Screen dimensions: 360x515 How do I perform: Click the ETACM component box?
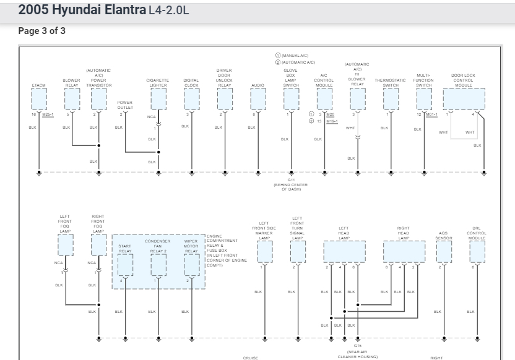coord(39,98)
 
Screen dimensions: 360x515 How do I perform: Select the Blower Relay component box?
coord(72,98)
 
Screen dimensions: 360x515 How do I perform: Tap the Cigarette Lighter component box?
coord(158,98)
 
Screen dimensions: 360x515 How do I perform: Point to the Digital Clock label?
coord(191,82)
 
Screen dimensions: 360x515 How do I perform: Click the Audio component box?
coord(258,98)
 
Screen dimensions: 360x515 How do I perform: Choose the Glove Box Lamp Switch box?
coord(291,98)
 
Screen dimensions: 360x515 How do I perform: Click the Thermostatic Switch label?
coord(391,82)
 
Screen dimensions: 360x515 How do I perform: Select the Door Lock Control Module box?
coord(464,98)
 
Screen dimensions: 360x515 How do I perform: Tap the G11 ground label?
coord(291,179)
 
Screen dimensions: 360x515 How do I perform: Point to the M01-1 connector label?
coord(431,114)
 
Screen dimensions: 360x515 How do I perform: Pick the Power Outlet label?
coord(125,105)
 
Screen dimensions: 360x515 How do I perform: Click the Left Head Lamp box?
coord(344,251)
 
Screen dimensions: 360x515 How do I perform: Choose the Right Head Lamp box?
coord(404,251)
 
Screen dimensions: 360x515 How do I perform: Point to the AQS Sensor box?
coord(444,251)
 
